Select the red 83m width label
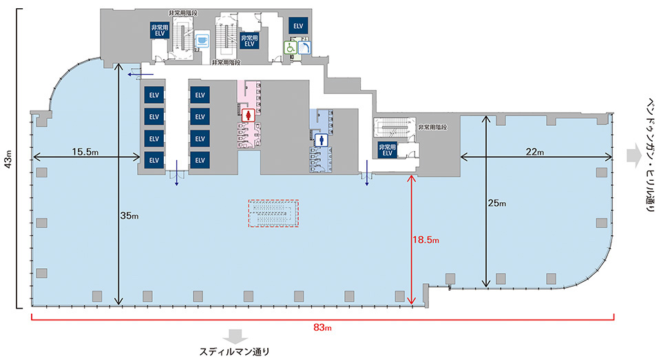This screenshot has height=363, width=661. pos(322,327)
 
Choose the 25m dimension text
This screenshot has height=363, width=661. pos(496,203)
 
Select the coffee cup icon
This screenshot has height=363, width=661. pos(202,40)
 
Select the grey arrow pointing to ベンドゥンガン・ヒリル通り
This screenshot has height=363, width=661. pos(633,156)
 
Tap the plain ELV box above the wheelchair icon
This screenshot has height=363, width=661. pos(298,26)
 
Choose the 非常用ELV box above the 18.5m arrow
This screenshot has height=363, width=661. pos(388,149)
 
